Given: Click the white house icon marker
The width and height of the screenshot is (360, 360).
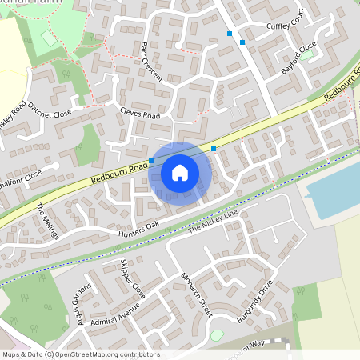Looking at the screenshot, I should tap(180, 173).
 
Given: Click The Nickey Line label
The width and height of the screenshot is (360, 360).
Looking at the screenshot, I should tap(213, 223).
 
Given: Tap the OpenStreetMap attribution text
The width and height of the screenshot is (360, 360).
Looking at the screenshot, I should tap(81, 354).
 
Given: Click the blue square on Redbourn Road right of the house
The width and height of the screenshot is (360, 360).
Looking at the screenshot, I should tap(214, 149).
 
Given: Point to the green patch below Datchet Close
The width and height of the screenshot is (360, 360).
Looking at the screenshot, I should tap(90, 144).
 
